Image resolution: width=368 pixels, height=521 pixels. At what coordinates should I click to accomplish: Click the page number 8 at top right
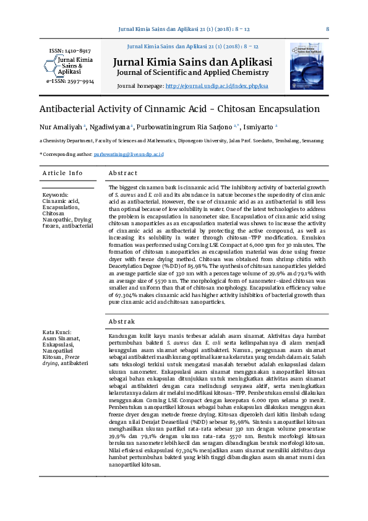(x=327, y=29)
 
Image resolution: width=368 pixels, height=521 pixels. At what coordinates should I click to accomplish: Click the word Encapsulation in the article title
(x=284, y=109)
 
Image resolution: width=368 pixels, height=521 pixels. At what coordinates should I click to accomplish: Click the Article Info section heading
(x=62, y=173)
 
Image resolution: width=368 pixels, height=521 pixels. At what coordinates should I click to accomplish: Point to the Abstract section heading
(x=122, y=173)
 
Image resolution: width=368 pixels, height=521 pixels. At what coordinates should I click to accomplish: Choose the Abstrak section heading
(x=122, y=322)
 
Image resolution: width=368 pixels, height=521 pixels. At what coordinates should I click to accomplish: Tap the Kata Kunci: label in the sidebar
(x=57, y=332)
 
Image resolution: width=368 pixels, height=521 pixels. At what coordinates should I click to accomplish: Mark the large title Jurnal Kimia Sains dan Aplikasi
(x=192, y=62)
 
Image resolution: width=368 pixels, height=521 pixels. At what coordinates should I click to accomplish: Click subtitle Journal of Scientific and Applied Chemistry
(x=192, y=73)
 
